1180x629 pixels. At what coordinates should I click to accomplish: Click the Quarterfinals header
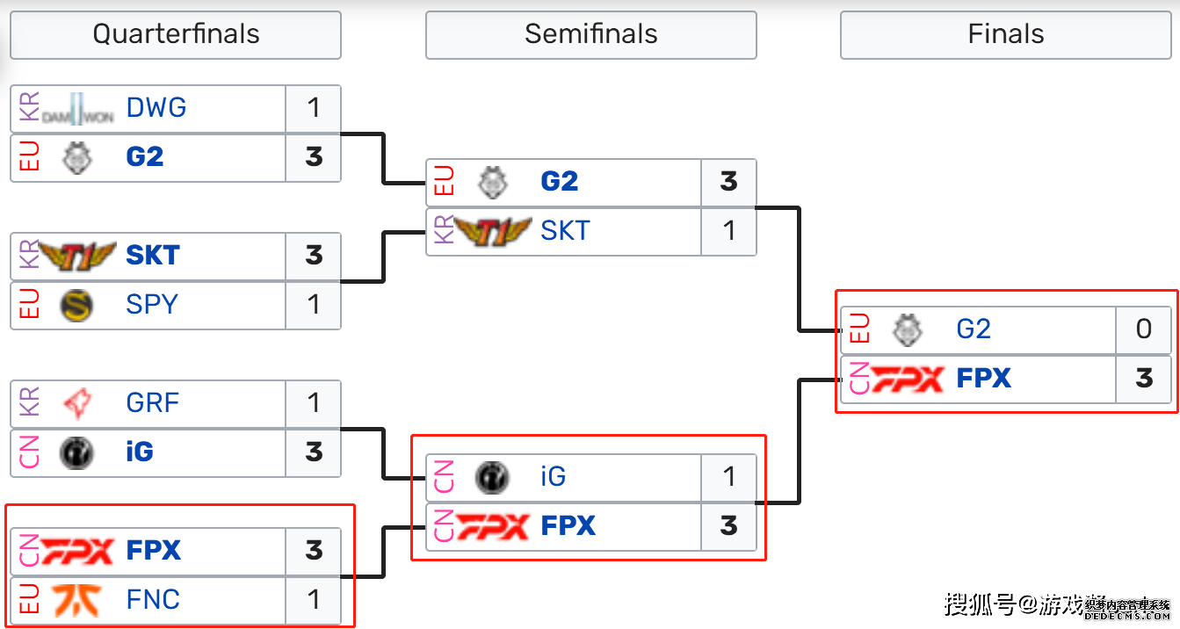click(x=176, y=35)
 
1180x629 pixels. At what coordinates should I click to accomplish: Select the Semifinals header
click(x=590, y=35)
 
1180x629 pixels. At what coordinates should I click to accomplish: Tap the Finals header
click(x=1005, y=35)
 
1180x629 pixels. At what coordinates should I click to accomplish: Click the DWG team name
click(x=156, y=108)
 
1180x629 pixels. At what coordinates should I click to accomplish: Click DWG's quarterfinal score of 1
click(x=314, y=108)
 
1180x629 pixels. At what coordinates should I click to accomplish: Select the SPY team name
click(x=152, y=305)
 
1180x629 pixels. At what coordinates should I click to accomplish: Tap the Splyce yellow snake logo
click(x=77, y=305)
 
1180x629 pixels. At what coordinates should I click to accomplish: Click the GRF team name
click(x=153, y=403)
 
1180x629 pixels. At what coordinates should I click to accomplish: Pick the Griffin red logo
click(x=77, y=403)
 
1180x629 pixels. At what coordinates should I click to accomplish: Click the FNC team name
click(x=153, y=600)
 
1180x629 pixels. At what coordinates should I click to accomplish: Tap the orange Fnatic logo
click(x=77, y=600)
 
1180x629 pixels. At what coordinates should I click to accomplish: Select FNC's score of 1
click(x=314, y=600)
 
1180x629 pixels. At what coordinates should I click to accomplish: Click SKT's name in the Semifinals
click(x=566, y=231)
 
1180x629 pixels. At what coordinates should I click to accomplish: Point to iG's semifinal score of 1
click(x=728, y=477)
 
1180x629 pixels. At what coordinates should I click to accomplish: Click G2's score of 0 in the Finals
click(x=1143, y=329)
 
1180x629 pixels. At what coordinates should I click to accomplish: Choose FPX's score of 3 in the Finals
click(x=1143, y=379)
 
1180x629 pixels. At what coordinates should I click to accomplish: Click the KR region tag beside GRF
click(x=29, y=403)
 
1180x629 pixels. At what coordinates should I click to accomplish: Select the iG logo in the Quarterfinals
click(x=77, y=452)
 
